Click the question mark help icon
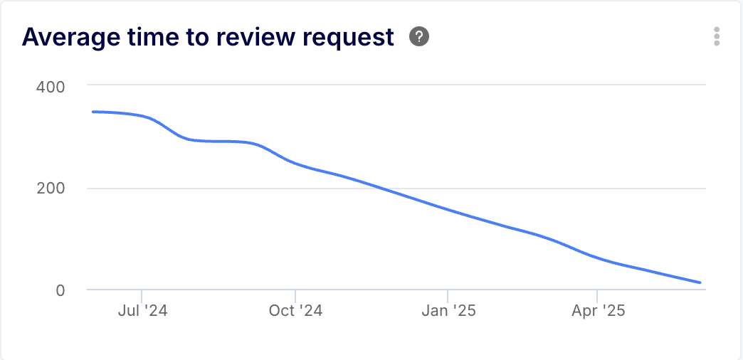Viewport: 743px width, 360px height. pos(419,37)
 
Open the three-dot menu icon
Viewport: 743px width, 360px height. pos(717,37)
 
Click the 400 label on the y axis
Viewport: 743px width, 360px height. pos(51,87)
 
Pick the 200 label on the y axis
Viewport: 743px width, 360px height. pos(51,189)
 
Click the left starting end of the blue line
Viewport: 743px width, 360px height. pos(93,112)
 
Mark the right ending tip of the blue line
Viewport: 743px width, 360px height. pos(700,282)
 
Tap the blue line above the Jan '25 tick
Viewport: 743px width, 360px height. pos(448,210)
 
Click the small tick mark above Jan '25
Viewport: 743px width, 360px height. pos(448,295)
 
